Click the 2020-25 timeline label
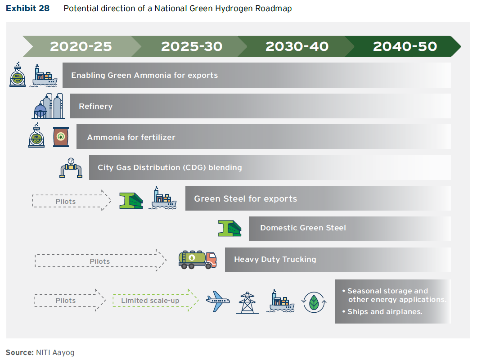pos(81,46)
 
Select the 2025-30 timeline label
pos(192,46)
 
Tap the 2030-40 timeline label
pos(297,46)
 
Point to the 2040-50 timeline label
pos(405,46)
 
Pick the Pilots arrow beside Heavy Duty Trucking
pos(100,261)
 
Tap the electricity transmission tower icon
pos(247,302)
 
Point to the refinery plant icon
pos(48,106)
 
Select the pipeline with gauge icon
pos(71,168)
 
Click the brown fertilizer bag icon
pos(61,137)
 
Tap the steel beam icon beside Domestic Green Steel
pos(229,228)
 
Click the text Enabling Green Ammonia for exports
pos(144,75)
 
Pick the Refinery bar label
pos(95,106)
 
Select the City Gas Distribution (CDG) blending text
pos(170,167)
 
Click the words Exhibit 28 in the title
pos(27,9)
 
